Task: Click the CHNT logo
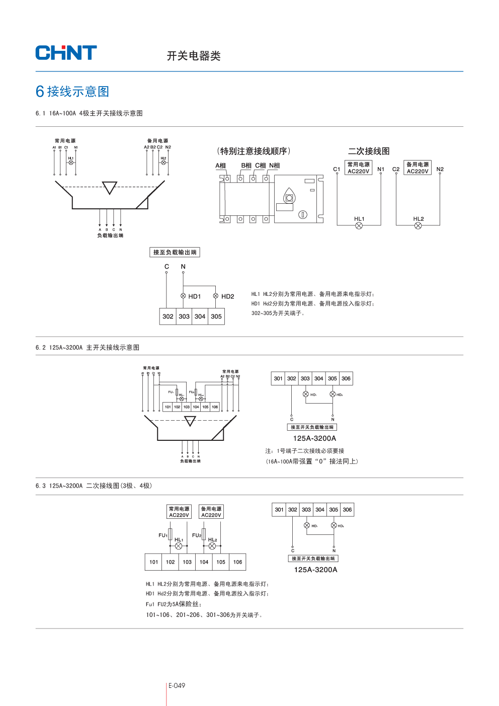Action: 66,53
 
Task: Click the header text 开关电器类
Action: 194,56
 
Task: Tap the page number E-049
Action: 177,685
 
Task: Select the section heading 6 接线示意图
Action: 72,92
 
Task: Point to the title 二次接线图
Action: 369,151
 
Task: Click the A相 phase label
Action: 220,166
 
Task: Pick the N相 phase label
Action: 274,166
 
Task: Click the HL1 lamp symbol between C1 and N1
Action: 359,226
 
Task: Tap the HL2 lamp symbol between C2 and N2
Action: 418,226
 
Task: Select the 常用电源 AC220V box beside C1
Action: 359,168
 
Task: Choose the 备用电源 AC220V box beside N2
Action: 418,168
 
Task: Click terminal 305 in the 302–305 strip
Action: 216,317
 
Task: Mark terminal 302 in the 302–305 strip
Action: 168,317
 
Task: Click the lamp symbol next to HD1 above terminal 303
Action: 183,296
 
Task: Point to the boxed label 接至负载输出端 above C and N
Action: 175,252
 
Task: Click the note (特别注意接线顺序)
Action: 254,151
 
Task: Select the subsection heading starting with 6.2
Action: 88,348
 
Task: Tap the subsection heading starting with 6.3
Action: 94,486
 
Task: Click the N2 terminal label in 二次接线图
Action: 440,169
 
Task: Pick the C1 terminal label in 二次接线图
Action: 337,169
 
